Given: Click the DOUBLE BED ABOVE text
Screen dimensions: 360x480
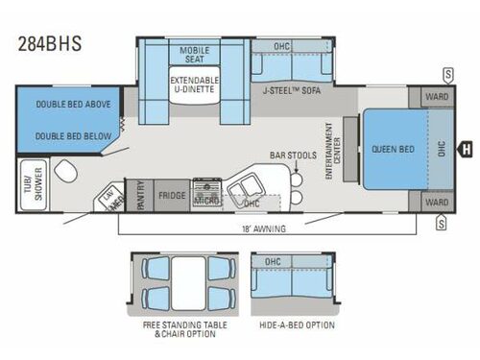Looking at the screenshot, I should pos(60,104).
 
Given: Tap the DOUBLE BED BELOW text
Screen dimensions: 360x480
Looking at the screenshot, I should pos(60,136).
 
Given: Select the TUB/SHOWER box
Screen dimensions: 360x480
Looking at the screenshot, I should pos(21,182).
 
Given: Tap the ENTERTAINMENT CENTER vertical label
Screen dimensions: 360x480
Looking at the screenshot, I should pos(332,150).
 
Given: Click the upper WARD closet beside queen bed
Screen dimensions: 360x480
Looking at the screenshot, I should pos(437,97).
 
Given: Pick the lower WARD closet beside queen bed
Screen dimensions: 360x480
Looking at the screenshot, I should pos(437,203).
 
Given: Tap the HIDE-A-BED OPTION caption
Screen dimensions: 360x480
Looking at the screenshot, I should pos(296,324).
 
